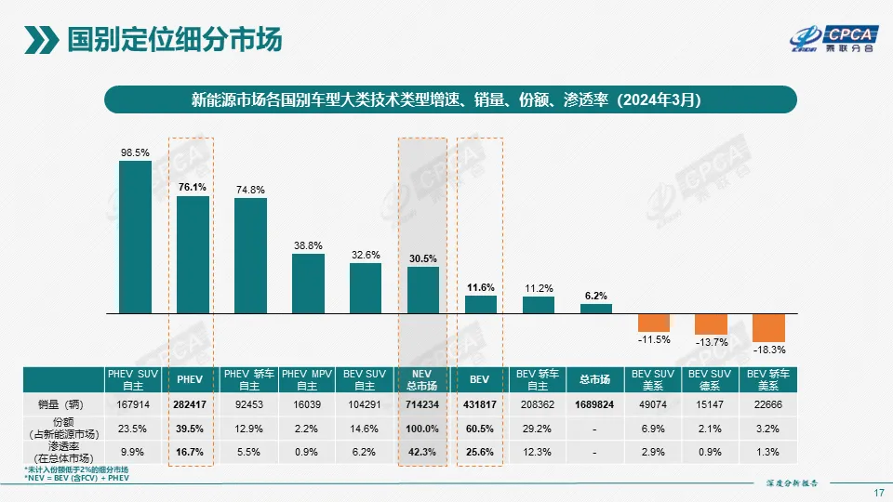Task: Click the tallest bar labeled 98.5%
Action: click(135, 237)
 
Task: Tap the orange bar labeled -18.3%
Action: click(768, 327)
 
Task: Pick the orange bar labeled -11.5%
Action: click(654, 322)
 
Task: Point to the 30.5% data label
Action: click(423, 258)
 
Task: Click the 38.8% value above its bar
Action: click(308, 245)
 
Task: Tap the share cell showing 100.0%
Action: click(423, 429)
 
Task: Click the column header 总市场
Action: click(595, 379)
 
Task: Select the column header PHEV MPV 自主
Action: click(308, 379)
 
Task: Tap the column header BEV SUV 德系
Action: click(712, 379)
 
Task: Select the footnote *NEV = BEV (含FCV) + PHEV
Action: click(75, 480)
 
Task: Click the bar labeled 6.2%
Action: click(596, 308)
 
